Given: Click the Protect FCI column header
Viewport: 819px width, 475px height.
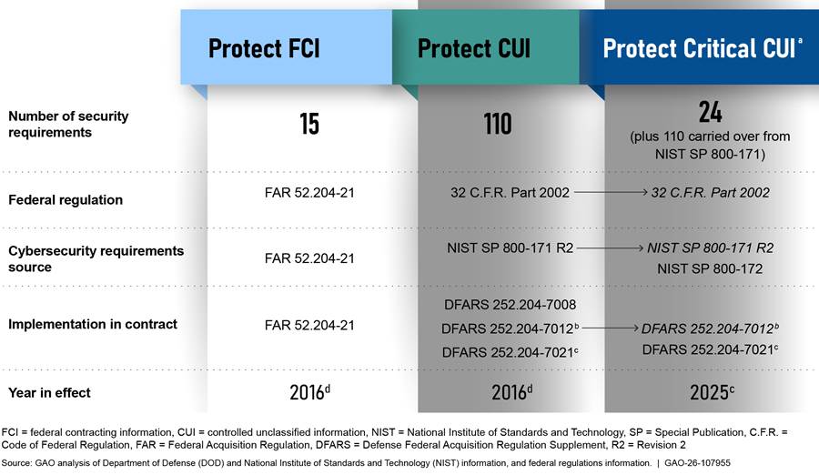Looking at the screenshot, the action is pyautogui.click(x=264, y=48).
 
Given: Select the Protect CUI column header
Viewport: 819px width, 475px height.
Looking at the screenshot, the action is pyautogui.click(x=474, y=48).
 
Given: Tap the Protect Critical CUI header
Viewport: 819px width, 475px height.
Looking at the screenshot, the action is pyautogui.click(x=703, y=48).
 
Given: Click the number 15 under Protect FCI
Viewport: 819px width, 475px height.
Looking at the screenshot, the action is pyautogui.click(x=309, y=124).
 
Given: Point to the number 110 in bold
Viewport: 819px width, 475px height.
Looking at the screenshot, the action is pyautogui.click(x=497, y=124).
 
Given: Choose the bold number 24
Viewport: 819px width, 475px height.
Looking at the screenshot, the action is pyautogui.click(x=711, y=112).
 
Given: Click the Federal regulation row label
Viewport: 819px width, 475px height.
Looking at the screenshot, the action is pyautogui.click(x=66, y=199).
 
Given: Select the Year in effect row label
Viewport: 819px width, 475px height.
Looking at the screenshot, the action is pyautogui.click(x=49, y=392).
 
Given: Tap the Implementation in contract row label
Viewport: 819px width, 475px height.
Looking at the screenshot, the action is pyautogui.click(x=93, y=324).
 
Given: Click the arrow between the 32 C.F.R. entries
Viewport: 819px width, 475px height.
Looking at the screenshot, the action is pyautogui.click(x=611, y=192).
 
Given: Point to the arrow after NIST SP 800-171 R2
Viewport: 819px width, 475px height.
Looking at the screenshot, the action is pyautogui.click(x=610, y=248).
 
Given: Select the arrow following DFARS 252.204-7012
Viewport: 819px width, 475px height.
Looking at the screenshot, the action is pyautogui.click(x=610, y=328).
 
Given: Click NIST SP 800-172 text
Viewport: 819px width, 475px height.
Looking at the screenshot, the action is pyautogui.click(x=710, y=268).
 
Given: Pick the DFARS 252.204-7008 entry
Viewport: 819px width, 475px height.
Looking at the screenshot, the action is pyautogui.click(x=510, y=305).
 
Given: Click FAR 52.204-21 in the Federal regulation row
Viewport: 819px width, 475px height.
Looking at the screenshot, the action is pyautogui.click(x=309, y=193).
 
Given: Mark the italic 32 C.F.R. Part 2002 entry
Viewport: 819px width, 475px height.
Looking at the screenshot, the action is pyautogui.click(x=711, y=193).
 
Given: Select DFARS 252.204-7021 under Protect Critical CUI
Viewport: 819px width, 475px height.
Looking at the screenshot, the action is pyautogui.click(x=710, y=349).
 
